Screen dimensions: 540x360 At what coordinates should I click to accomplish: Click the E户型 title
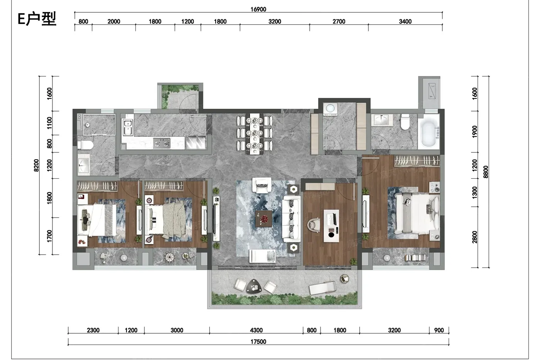(37, 19)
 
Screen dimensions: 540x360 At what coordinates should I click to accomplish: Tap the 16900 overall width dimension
(258, 9)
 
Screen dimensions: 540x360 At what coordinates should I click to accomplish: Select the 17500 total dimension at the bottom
(258, 342)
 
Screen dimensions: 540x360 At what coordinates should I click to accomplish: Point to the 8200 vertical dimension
(36, 166)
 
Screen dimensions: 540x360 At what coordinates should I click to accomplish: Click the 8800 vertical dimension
(486, 172)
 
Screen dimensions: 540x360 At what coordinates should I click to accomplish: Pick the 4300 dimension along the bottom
(256, 330)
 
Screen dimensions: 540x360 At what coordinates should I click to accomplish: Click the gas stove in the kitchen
(162, 144)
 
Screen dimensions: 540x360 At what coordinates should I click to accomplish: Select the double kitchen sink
(128, 127)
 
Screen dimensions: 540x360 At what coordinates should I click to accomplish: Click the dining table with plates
(255, 134)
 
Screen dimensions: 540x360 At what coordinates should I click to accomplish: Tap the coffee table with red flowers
(264, 219)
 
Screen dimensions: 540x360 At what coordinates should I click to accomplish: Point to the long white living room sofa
(292, 219)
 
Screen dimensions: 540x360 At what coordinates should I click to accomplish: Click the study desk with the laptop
(331, 226)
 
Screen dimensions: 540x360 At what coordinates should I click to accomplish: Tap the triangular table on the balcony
(254, 286)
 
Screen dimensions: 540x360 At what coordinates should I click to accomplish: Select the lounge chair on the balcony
(322, 288)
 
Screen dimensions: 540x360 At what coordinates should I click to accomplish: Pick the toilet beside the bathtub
(405, 122)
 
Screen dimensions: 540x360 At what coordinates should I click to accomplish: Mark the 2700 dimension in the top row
(339, 22)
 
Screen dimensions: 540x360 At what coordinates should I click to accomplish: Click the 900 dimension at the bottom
(439, 330)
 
